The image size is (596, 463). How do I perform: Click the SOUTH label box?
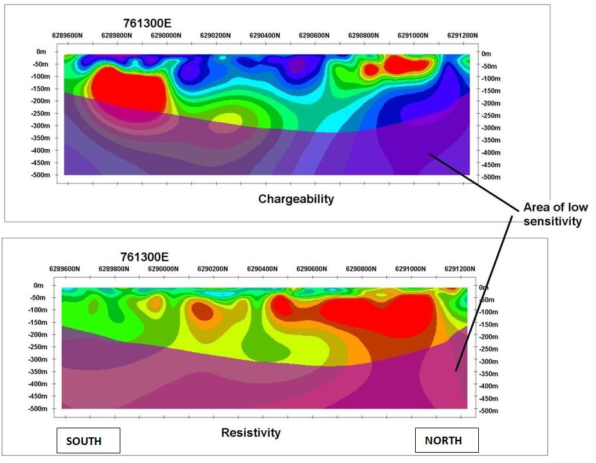89,440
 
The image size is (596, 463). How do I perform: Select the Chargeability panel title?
296,199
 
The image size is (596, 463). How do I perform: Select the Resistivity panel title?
251,433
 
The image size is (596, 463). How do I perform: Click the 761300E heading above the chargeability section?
147,24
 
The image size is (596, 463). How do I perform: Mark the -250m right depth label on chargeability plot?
491,115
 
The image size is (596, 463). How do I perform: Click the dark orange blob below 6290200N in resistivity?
203,312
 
